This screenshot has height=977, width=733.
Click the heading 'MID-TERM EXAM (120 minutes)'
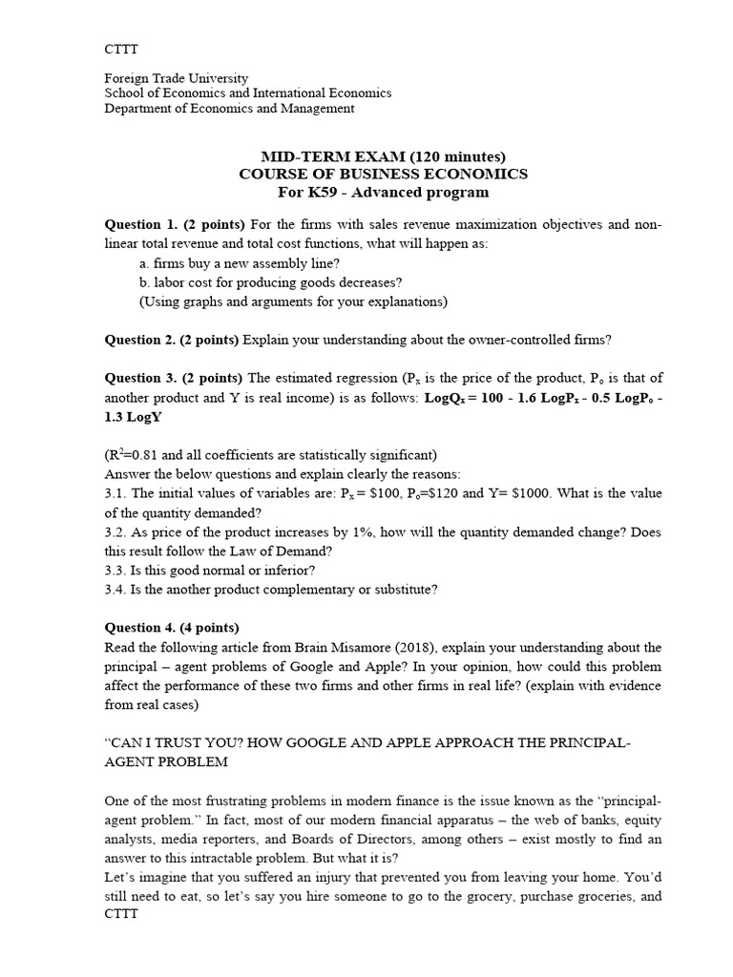coord(382,156)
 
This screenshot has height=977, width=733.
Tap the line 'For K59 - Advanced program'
coord(382,192)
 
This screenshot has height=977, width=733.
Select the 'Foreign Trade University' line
coord(176,78)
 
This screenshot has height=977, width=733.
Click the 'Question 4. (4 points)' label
coord(172,627)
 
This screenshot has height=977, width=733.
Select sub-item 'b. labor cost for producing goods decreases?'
coord(270,282)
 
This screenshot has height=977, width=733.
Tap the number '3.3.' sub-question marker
coord(115,570)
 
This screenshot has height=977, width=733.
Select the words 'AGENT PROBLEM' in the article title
coord(167,762)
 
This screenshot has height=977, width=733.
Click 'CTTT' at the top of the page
coord(120,48)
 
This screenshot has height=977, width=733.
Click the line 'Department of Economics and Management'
coord(229,109)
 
